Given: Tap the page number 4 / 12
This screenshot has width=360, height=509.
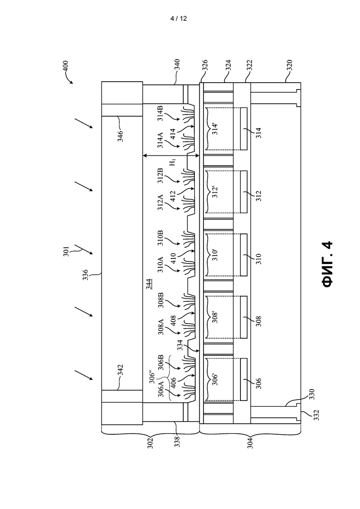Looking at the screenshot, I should click(x=179, y=18).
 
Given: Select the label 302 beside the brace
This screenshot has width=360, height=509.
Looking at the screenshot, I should click(x=150, y=444).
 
